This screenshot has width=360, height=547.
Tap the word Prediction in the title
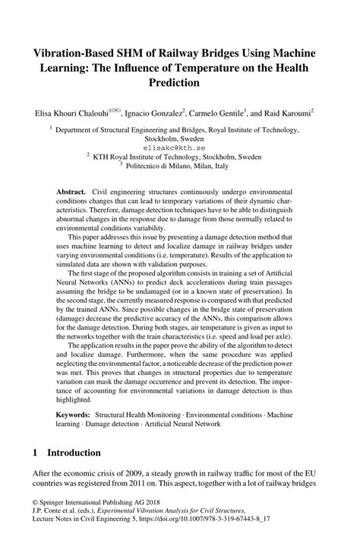click(x=178, y=81)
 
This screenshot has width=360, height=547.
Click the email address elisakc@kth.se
click(x=179, y=151)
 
